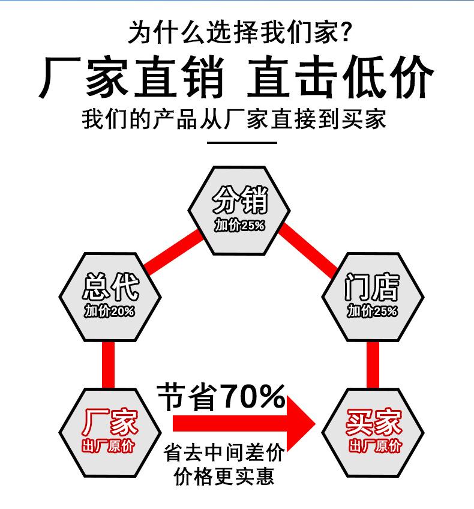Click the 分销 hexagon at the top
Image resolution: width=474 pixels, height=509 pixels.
click(x=239, y=209)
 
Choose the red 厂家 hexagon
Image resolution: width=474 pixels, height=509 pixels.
click(x=110, y=431)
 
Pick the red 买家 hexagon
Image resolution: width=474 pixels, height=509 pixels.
click(x=373, y=431)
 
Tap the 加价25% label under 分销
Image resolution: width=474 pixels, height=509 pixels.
click(x=239, y=226)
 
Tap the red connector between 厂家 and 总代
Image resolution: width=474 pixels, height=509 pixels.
click(x=109, y=365)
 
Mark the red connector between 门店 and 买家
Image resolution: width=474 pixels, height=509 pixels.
click(x=373, y=365)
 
